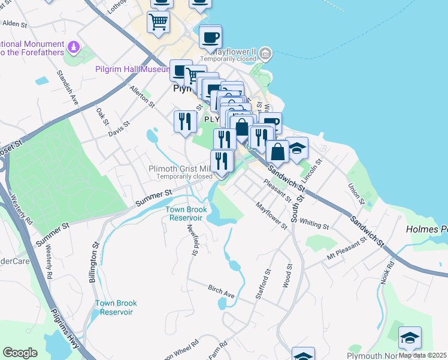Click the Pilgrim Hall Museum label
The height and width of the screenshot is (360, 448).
(133, 70)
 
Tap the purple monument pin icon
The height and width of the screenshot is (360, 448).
(73, 46)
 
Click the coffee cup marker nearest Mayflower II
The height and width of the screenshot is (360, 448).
(210, 38)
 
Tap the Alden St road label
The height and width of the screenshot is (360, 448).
(15, 24)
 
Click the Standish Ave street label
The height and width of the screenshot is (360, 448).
(68, 87)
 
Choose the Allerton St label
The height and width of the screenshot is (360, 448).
(143, 97)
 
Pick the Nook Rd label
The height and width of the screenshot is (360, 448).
(387, 272)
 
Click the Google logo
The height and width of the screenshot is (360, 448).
(20, 353)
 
